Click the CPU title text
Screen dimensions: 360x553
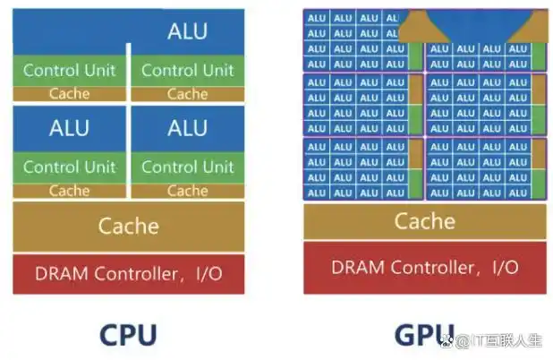[x=128, y=334]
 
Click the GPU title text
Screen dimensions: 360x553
[x=424, y=334]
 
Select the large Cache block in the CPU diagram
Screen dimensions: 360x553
[x=128, y=226]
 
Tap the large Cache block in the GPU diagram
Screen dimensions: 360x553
[x=424, y=220]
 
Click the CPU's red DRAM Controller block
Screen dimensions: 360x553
[x=128, y=273]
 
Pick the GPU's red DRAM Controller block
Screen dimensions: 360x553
[x=424, y=267]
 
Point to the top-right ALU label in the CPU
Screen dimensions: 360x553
[x=187, y=32]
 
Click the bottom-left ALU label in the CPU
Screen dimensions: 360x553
[x=69, y=128]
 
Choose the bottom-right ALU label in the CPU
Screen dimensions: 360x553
[x=187, y=128]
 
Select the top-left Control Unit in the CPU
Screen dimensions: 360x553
[x=69, y=70]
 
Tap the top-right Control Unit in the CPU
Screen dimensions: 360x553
[x=187, y=70]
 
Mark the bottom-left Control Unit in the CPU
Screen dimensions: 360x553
[x=69, y=167]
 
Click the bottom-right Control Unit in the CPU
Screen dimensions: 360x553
[x=187, y=167]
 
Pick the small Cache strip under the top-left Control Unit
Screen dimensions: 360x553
[x=69, y=93]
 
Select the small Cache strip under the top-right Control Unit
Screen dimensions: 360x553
[x=187, y=93]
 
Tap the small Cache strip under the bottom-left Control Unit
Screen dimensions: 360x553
[x=69, y=190]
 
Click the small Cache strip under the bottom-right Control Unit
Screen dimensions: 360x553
[x=187, y=190]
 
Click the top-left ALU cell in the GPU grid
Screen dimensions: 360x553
[x=317, y=18]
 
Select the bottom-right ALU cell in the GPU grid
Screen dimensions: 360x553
[x=517, y=192]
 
